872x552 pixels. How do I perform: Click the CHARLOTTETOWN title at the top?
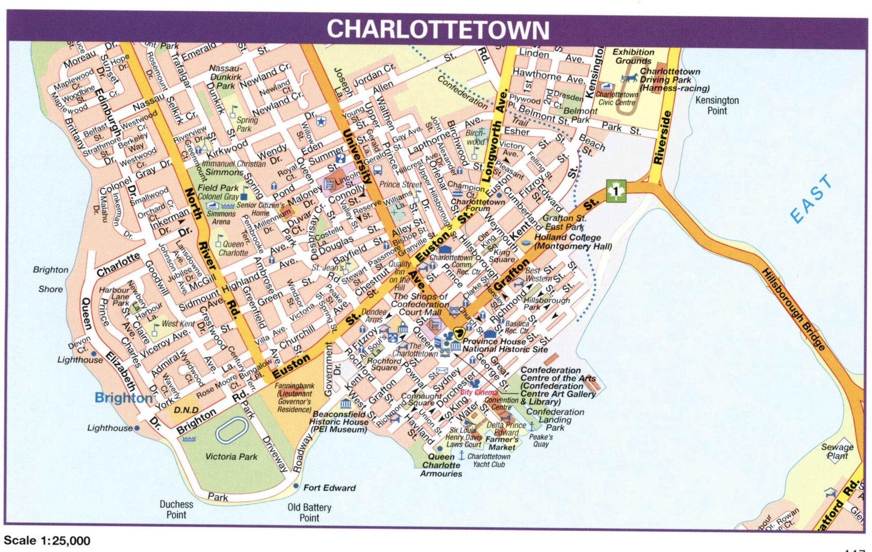point(438,29)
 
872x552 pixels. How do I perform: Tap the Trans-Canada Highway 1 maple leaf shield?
point(616,191)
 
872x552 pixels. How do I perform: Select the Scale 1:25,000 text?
point(47,540)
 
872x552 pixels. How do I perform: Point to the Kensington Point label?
point(717,105)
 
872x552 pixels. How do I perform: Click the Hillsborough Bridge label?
point(793,309)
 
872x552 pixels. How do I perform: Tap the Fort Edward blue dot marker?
point(296,486)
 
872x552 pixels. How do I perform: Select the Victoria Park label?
point(231,457)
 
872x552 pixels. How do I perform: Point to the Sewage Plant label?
point(837,451)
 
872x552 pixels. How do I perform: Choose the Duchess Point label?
point(176,509)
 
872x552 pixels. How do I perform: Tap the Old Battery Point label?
point(309,512)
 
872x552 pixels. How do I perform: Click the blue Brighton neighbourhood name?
point(123,398)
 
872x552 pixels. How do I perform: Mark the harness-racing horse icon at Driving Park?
point(630,78)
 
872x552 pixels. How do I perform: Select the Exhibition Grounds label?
point(633,56)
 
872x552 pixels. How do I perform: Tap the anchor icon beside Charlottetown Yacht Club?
point(461,456)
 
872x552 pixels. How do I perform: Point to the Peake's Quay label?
point(540,440)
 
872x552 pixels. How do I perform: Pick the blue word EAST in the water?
point(811,199)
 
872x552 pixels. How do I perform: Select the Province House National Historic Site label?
point(505,345)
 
